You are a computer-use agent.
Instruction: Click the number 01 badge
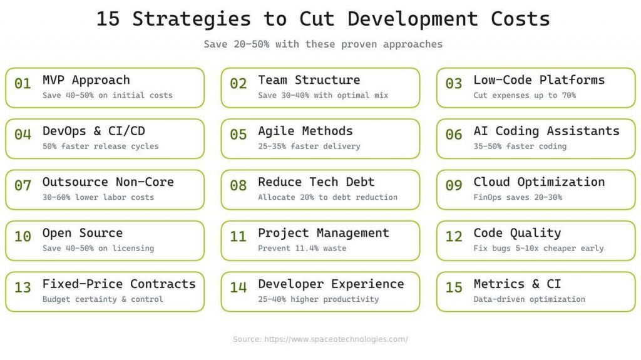click(x=23, y=84)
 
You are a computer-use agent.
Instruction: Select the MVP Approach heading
click(x=86, y=80)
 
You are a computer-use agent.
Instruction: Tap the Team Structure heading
click(x=309, y=80)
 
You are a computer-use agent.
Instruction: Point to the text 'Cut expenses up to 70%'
click(x=525, y=96)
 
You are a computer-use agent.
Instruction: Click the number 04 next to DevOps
click(x=23, y=135)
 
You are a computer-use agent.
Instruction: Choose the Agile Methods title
click(x=305, y=131)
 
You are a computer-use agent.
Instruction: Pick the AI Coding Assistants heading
click(x=546, y=131)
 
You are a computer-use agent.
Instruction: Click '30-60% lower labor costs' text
click(x=98, y=198)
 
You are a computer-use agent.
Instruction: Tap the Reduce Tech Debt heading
click(x=316, y=182)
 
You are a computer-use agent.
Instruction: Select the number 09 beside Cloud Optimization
click(x=454, y=186)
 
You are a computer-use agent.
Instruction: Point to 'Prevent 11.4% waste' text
click(x=302, y=249)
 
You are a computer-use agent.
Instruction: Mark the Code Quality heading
click(x=517, y=233)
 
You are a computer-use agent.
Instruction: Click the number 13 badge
click(x=23, y=288)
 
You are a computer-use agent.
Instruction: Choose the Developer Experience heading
click(x=331, y=284)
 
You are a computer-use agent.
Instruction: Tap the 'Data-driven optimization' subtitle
click(x=530, y=299)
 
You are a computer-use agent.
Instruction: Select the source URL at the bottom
click(x=320, y=339)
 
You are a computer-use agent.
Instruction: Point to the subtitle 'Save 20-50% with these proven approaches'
click(x=323, y=44)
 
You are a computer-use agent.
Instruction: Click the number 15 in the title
click(x=108, y=19)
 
